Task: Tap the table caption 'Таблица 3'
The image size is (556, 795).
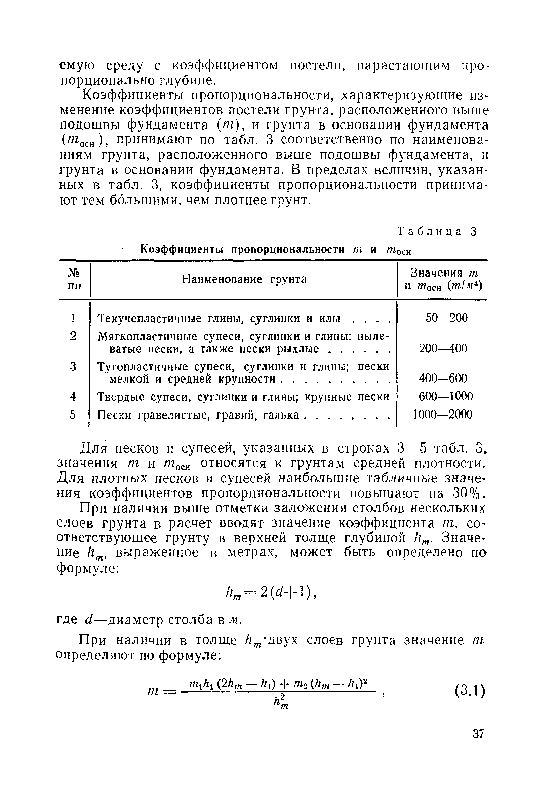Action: click(437, 231)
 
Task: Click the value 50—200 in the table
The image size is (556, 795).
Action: click(446, 318)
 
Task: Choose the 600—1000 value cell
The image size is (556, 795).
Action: click(446, 396)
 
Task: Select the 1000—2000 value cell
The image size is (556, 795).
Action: click(443, 414)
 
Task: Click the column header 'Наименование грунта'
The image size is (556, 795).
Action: click(244, 279)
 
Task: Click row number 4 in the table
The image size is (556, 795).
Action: click(73, 396)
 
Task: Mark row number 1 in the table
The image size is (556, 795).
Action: click(73, 318)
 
